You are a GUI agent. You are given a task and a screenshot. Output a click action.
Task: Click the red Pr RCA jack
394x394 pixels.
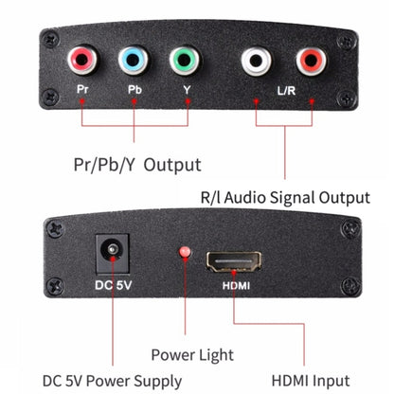tap(82, 64)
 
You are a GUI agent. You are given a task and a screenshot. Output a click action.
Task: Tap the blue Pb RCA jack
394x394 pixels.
tap(134, 64)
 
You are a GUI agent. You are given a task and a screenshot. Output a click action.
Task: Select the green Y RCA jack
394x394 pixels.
tap(187, 64)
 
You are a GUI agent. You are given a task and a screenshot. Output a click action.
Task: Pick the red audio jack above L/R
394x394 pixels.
tap(310, 64)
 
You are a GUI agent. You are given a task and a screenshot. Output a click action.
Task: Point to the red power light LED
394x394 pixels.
tap(186, 254)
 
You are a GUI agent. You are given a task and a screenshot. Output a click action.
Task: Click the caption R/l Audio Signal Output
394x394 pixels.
tap(284, 198)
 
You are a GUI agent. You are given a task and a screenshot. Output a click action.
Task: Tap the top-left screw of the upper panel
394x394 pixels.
tap(47, 39)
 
